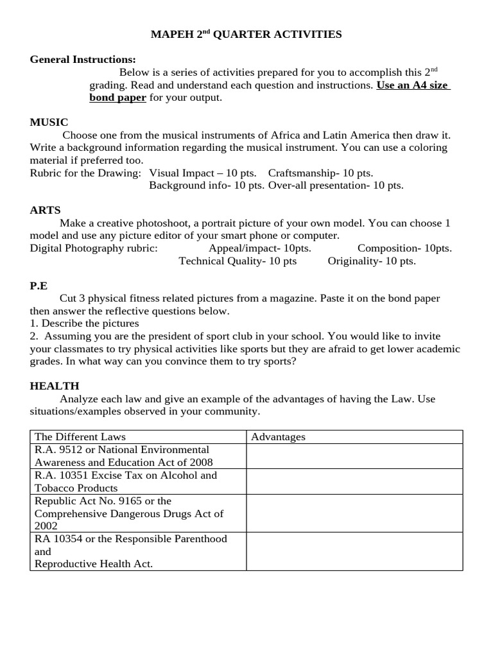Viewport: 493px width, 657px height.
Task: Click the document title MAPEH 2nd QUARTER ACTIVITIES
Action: (x=246, y=35)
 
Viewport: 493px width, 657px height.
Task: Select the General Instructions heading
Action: (x=83, y=60)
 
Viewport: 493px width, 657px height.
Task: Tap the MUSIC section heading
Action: (x=49, y=122)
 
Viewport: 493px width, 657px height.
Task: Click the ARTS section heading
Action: (x=46, y=210)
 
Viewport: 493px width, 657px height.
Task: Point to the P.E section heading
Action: (x=39, y=286)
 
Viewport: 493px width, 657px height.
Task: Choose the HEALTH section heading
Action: (x=55, y=386)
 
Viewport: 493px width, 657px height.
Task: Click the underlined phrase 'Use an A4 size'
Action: (x=412, y=85)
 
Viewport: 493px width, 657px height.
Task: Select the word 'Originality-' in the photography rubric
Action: (x=354, y=260)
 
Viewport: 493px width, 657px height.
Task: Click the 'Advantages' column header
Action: (x=278, y=437)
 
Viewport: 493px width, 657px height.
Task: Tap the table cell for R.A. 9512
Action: (x=138, y=456)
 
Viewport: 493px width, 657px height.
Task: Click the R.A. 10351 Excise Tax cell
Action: (x=138, y=481)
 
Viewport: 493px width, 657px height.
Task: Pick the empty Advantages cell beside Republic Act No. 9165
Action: (x=354, y=513)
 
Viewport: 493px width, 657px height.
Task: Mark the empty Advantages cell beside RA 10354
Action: (x=354, y=551)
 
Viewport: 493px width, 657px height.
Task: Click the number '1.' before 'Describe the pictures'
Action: (x=34, y=323)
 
